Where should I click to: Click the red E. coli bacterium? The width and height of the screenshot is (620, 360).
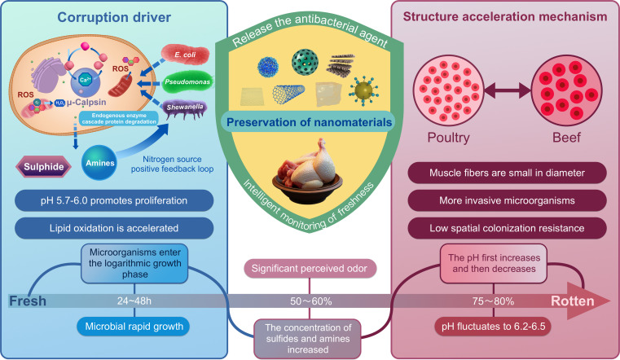tap(185, 54)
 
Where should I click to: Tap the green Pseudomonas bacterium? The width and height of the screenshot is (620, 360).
tap(187, 82)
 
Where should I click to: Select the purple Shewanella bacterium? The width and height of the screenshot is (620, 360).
tap(184, 108)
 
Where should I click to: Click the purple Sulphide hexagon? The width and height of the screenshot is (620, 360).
tap(43, 167)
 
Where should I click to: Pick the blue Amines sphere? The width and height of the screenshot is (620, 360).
tap(99, 162)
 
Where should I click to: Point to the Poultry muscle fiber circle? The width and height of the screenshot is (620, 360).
tap(448, 90)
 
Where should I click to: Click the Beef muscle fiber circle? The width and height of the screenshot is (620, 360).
tap(566, 90)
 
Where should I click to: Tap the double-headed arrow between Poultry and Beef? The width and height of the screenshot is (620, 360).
tap(508, 90)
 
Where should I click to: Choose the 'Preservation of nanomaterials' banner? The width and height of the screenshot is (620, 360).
tap(310, 122)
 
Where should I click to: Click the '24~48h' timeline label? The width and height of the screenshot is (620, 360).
tap(134, 301)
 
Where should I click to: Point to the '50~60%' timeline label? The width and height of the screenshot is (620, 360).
tap(310, 301)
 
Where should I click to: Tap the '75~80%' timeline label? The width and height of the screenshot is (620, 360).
tap(493, 301)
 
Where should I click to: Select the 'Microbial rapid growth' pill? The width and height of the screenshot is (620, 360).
tap(134, 327)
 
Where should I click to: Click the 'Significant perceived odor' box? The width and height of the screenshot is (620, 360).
tap(310, 269)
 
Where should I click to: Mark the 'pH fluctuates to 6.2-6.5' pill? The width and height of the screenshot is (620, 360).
tap(493, 327)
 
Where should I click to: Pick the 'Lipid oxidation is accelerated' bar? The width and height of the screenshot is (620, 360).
tap(114, 228)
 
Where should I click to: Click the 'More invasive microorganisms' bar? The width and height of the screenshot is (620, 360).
tap(507, 200)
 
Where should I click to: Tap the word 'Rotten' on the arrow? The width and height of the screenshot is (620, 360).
tap(573, 301)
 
